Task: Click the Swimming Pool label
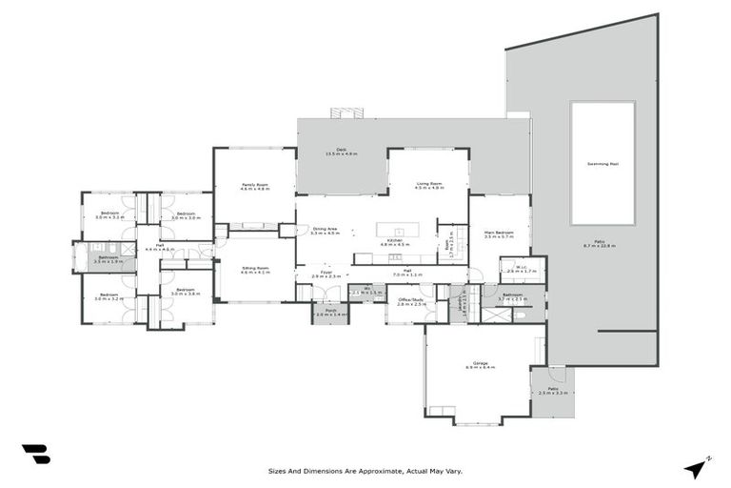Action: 602,164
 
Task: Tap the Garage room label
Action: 481,363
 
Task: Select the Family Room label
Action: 255,185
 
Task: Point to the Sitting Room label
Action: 255,268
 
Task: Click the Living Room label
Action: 430,185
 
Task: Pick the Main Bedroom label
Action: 499,233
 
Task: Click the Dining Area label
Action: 326,229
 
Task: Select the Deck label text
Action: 340,150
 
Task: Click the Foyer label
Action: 326,273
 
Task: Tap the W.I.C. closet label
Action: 522,268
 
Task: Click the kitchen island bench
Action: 397,230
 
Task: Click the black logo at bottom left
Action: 35,454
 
